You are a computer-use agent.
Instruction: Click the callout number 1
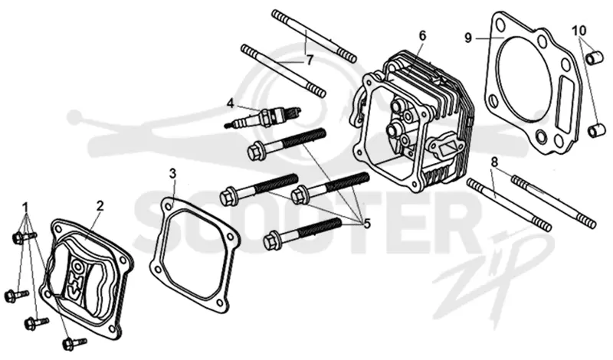pyautogui.click(x=26, y=206)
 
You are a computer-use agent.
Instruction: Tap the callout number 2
pyautogui.click(x=100, y=205)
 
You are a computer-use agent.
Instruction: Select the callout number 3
pyautogui.click(x=173, y=173)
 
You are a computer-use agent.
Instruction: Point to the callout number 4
pyautogui.click(x=231, y=103)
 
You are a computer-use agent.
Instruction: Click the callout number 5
pyautogui.click(x=367, y=224)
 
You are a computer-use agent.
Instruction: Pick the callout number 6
pyautogui.click(x=422, y=35)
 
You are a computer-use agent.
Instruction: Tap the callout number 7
pyautogui.click(x=310, y=61)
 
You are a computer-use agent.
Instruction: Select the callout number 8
pyautogui.click(x=494, y=162)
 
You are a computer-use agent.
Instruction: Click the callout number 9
pyautogui.click(x=468, y=38)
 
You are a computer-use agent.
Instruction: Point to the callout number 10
pyautogui.click(x=580, y=30)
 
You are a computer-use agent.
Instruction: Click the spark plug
pyautogui.click(x=263, y=116)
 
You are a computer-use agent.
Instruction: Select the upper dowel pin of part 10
pyautogui.click(x=593, y=57)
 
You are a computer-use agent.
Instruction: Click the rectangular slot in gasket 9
pyautogui.click(x=566, y=105)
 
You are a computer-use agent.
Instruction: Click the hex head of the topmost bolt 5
pyautogui.click(x=255, y=150)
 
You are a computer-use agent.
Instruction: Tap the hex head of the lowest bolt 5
pyautogui.click(x=271, y=240)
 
